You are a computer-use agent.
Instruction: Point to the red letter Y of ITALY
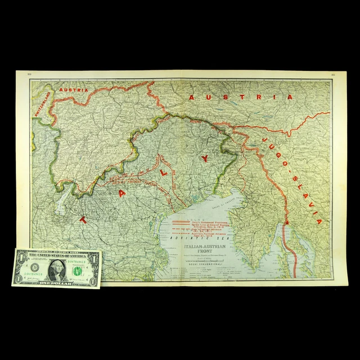click(x=205, y=158)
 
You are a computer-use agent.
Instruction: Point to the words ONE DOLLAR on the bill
click(x=56, y=283)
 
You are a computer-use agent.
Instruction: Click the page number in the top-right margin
click(x=333, y=74)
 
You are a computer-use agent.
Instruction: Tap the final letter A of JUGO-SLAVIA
click(x=319, y=221)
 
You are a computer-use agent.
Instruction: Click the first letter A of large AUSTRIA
click(x=192, y=97)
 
